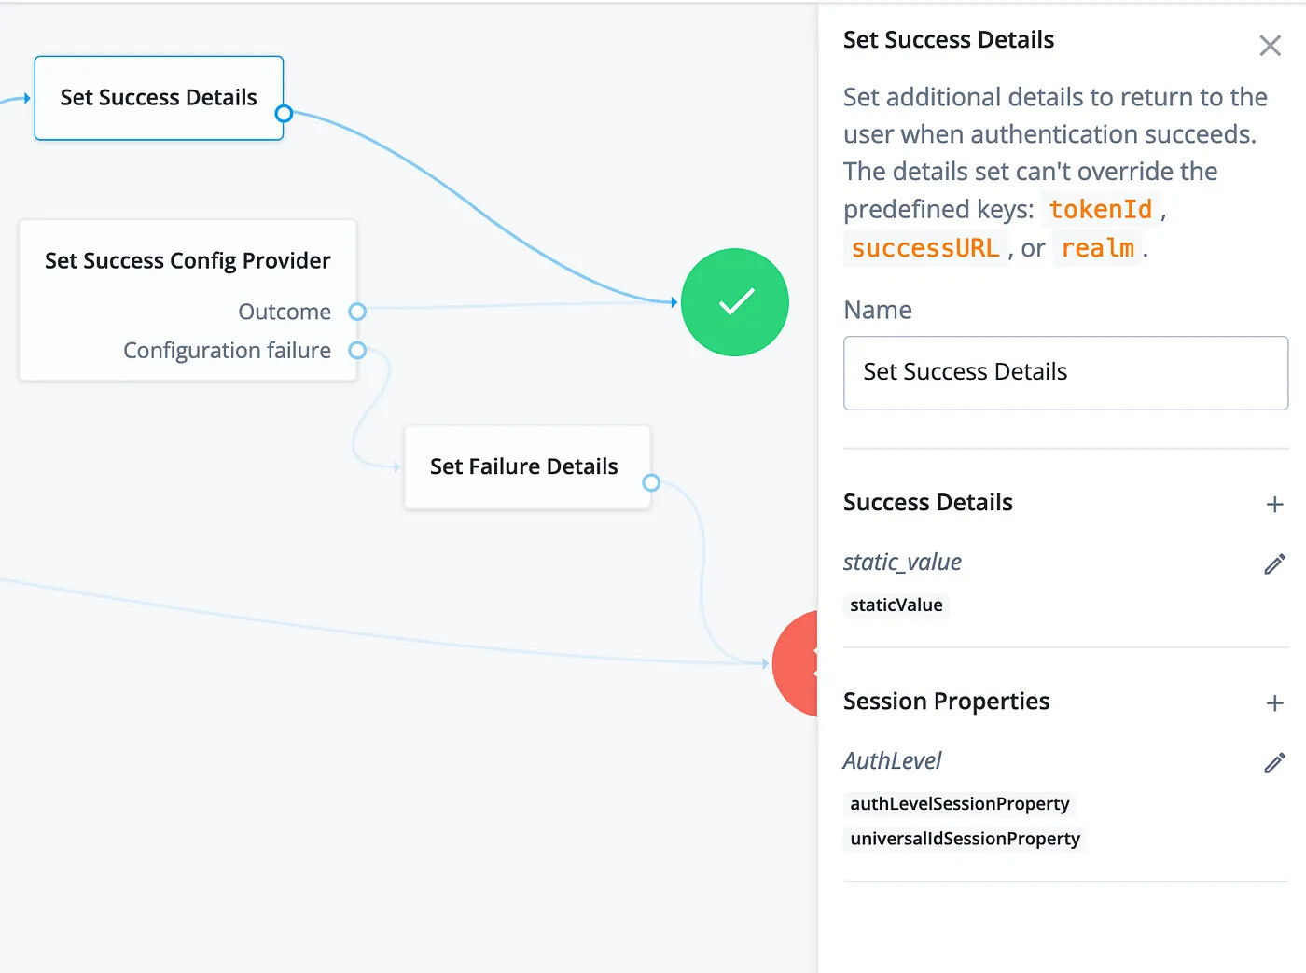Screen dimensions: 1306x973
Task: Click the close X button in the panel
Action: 1270,46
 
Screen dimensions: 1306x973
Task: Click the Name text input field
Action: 1065,373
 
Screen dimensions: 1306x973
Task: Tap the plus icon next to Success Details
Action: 1274,504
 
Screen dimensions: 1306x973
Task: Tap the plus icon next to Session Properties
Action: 1274,702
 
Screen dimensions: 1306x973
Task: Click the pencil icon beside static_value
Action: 1274,563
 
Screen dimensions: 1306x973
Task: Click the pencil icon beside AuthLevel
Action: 1274,762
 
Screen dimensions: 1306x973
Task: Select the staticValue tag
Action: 896,605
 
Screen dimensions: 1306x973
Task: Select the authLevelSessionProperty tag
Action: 959,804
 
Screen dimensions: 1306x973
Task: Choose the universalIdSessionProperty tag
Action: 965,839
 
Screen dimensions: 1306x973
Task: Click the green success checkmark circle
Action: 734,302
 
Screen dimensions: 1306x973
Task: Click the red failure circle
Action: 796,664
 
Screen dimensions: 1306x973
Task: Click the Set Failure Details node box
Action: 527,467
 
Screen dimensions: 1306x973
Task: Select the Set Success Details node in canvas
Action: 159,98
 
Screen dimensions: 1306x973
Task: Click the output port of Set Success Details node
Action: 284,114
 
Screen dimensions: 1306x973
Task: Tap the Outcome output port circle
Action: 357,312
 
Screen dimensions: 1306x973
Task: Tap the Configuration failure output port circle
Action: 357,351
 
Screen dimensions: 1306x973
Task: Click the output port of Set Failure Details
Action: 650,483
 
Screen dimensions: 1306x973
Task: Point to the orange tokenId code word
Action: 1100,210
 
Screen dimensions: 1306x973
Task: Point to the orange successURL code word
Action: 925,248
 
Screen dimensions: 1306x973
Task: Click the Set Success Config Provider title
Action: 188,261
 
